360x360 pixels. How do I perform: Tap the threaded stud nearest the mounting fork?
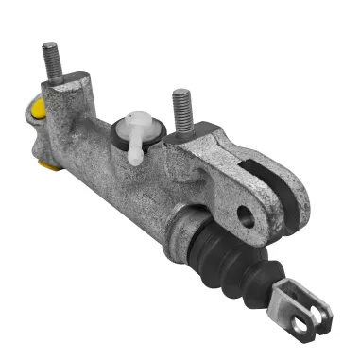click(180, 109)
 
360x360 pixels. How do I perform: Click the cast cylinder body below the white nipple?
click(132, 184)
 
